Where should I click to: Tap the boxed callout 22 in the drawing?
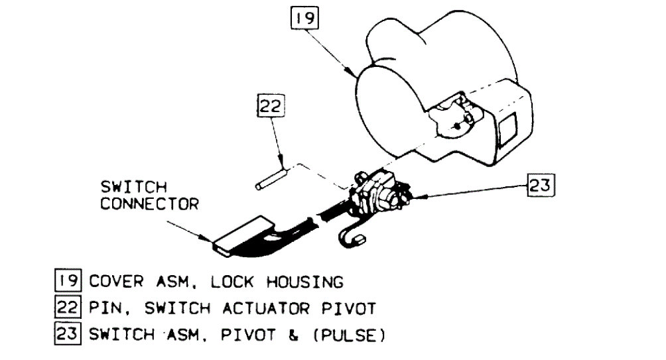pos(271,107)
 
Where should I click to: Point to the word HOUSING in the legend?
pos(303,282)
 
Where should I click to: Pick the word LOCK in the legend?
pos(232,282)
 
